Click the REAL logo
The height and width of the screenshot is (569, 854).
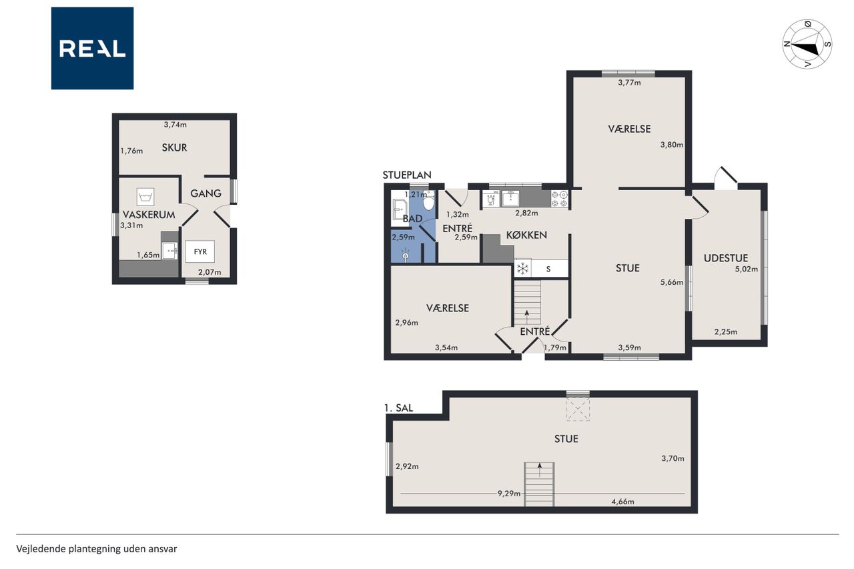[x=92, y=49]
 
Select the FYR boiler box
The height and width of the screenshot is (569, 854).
[x=199, y=251]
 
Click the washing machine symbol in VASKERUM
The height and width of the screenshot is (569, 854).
[x=145, y=197]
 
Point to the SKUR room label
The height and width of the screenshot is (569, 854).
[x=174, y=148]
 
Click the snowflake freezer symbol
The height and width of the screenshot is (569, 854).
[x=522, y=269]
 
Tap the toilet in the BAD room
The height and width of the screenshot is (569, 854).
[x=429, y=201]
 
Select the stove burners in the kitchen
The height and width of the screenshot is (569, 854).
[x=559, y=199]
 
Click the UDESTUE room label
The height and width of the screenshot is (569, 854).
[x=725, y=258]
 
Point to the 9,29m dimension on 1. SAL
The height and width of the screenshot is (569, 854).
[x=508, y=494]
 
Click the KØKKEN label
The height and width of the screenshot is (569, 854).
[x=526, y=235]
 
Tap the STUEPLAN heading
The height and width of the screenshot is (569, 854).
[x=407, y=175]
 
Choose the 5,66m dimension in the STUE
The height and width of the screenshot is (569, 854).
[x=671, y=282]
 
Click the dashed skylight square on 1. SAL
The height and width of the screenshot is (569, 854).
[x=578, y=408]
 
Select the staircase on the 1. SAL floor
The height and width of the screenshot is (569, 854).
[x=539, y=484]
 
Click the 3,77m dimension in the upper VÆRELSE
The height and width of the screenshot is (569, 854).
[x=629, y=82]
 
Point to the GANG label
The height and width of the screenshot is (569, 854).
[x=206, y=193]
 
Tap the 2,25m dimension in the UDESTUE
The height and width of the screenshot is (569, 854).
[x=725, y=332]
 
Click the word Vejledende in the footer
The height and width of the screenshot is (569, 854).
[x=41, y=549]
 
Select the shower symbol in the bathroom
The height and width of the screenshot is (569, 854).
[x=406, y=255]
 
